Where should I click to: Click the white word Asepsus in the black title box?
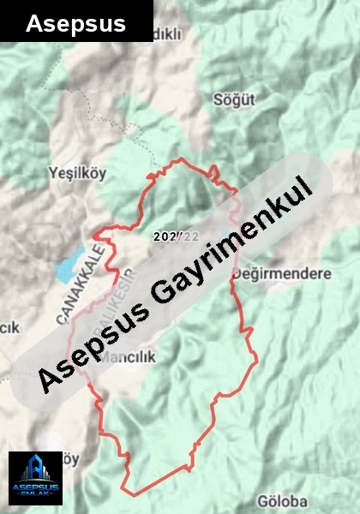[75, 23]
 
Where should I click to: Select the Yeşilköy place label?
[78, 172]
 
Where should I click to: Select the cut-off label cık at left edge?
[9, 326]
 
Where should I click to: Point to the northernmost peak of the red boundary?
[181, 159]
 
